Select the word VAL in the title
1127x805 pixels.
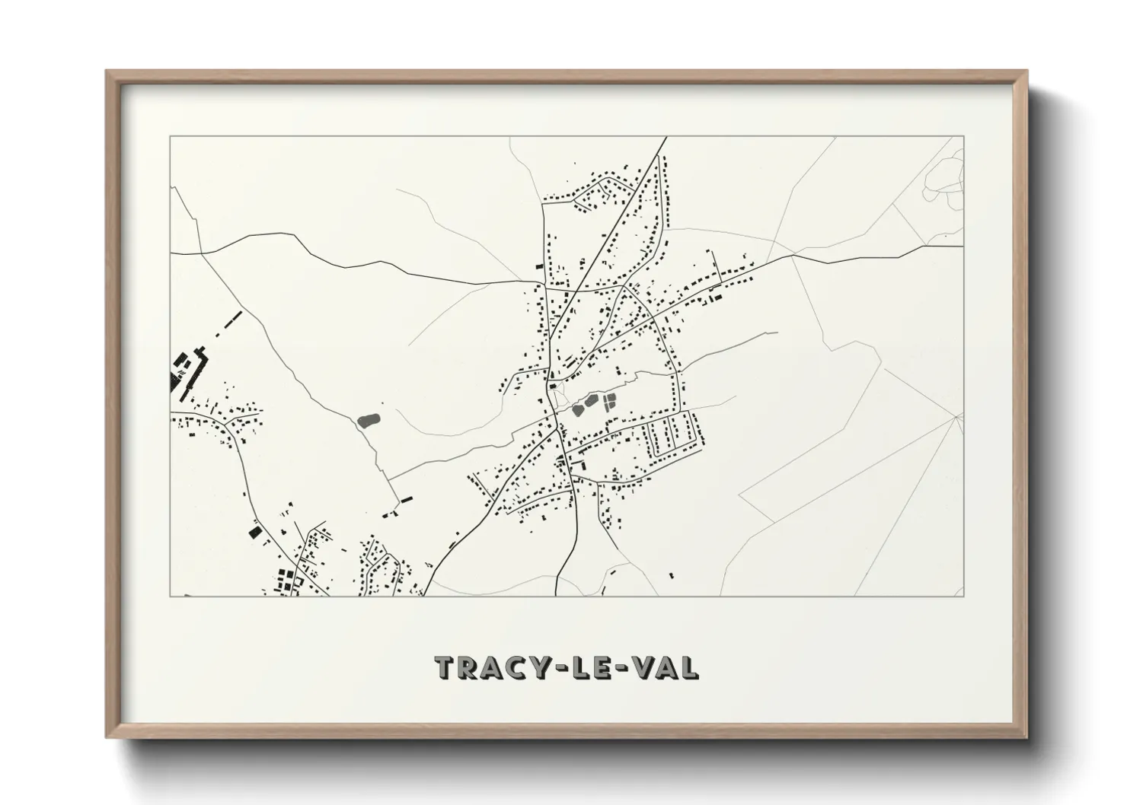tap(666, 667)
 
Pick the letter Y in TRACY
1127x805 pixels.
tap(541, 667)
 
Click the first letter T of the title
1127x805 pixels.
tap(445, 667)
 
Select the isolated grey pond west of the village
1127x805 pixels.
tap(369, 419)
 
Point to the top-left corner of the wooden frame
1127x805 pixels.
tap(107, 72)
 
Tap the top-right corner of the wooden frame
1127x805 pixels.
tap(1026, 72)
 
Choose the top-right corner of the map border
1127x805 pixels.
tap(964, 137)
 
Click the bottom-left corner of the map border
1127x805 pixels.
tap(170, 596)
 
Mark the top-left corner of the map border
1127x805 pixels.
tap(170, 137)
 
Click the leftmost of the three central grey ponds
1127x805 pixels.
tap(577, 409)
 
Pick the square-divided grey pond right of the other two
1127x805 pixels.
tap(609, 401)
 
